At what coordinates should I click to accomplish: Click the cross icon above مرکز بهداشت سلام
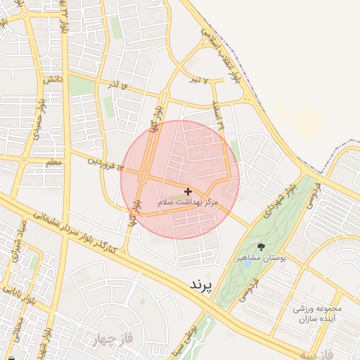pyautogui.click(x=188, y=191)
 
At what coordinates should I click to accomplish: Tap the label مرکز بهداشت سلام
pyautogui.click(x=188, y=202)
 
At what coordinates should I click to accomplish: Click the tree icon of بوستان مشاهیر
pyautogui.click(x=262, y=247)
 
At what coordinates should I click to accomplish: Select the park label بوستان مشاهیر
pyautogui.click(x=262, y=259)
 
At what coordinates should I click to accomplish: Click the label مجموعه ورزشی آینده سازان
pyautogui.click(x=319, y=314)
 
